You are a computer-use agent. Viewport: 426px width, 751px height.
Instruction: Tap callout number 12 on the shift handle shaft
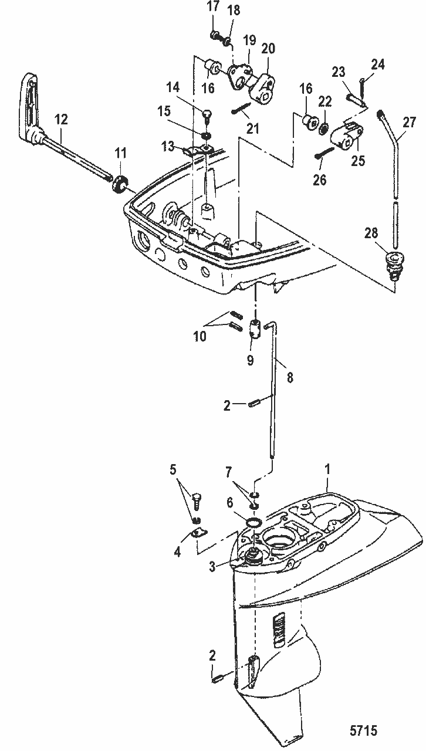coord(62,119)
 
